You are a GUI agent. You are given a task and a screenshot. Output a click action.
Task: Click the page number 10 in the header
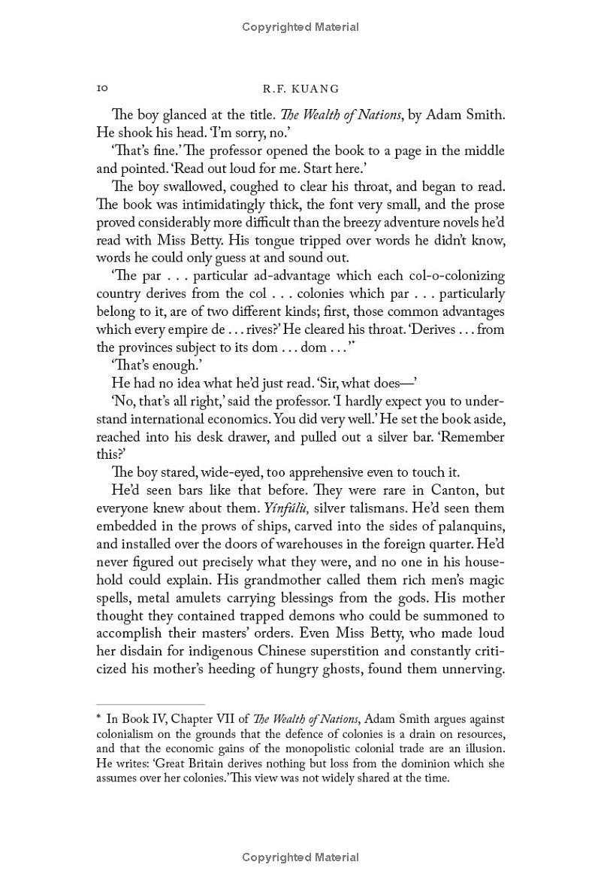(x=102, y=89)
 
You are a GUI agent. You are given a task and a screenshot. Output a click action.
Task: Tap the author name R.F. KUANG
(x=300, y=89)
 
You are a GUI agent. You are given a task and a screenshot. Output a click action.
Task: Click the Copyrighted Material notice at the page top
(x=300, y=27)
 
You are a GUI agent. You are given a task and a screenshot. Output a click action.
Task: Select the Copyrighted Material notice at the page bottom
(x=300, y=857)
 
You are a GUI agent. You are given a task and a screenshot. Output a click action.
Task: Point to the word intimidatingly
(x=229, y=205)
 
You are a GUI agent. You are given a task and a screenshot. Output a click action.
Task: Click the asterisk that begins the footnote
(x=99, y=719)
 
